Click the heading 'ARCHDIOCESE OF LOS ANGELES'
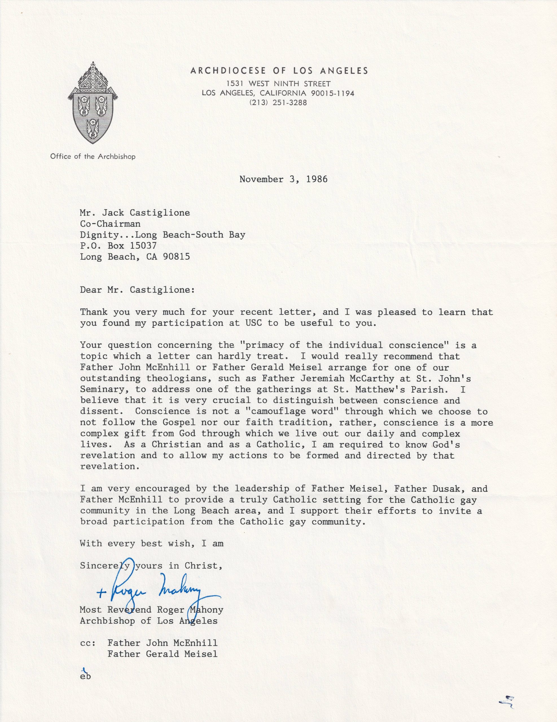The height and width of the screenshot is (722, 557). pyautogui.click(x=279, y=71)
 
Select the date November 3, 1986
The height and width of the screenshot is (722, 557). pyautogui.click(x=284, y=179)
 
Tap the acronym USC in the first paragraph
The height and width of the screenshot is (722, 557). pyautogui.click(x=254, y=323)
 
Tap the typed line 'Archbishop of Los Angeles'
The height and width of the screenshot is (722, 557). pyautogui.click(x=149, y=621)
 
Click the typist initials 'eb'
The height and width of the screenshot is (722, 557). pyautogui.click(x=85, y=676)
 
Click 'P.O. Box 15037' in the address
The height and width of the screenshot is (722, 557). pyautogui.click(x=118, y=246)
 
